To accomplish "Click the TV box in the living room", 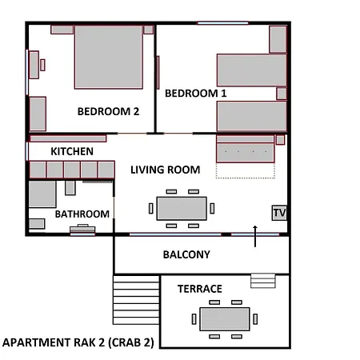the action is tap(279, 213).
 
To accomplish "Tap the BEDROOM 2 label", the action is tap(108, 111).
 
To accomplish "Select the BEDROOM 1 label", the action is tap(196, 94).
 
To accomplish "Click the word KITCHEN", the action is tap(72, 151).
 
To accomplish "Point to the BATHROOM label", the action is tap(82, 214).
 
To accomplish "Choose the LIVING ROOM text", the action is tap(166, 170).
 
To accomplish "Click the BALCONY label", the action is tap(186, 254).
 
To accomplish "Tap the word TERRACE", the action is tap(200, 289).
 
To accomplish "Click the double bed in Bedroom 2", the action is tap(109, 57).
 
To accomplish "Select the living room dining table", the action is tap(182, 209).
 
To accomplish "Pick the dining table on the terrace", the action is tap(225, 319).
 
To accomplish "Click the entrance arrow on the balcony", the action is tap(255, 236).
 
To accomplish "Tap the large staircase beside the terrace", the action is tap(136, 300).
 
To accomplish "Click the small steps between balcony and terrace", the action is tap(263, 281).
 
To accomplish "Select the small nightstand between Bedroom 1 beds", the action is tap(282, 94).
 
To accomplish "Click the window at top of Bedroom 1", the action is tap(223, 23).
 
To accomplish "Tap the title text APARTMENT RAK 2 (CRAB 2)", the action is tap(78, 342).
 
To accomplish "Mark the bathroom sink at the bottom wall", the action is tap(82, 230).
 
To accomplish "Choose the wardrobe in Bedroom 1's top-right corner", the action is tap(278, 39).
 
